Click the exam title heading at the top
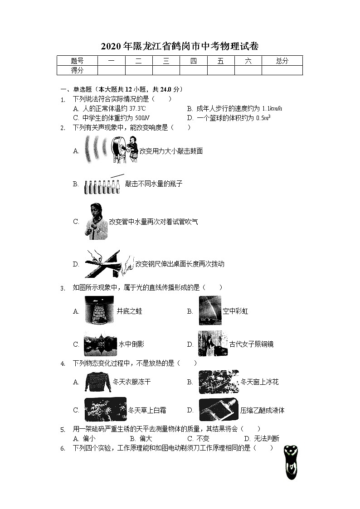[180, 46]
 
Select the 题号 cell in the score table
[78, 61]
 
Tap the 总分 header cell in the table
[282, 61]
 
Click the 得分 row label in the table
[78, 70]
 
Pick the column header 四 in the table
[194, 61]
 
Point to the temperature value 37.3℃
[137, 109]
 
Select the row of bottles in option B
[102, 186]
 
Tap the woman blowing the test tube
[96, 222]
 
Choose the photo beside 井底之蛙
[98, 310]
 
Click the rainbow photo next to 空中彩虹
[210, 310]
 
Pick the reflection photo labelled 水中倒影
[100, 344]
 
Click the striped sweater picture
[98, 382]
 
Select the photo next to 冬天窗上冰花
[218, 382]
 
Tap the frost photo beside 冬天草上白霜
[105, 410]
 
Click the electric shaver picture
[290, 462]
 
